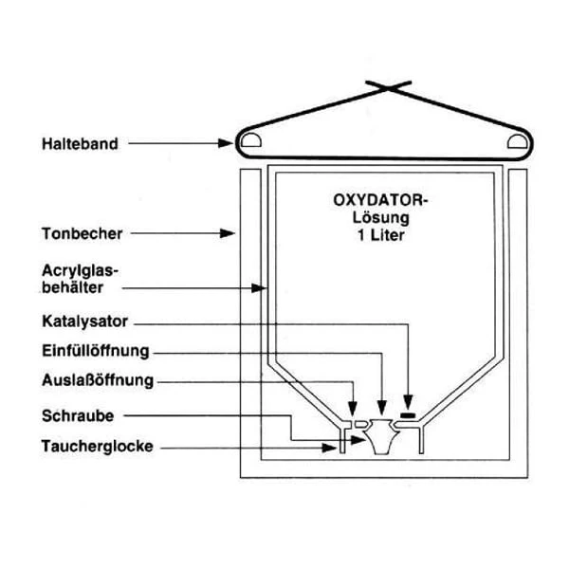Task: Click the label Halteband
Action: click(80, 144)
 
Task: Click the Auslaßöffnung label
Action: click(98, 381)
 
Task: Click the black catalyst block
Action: click(411, 415)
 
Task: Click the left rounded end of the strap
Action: click(252, 143)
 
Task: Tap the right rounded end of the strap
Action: click(521, 143)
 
